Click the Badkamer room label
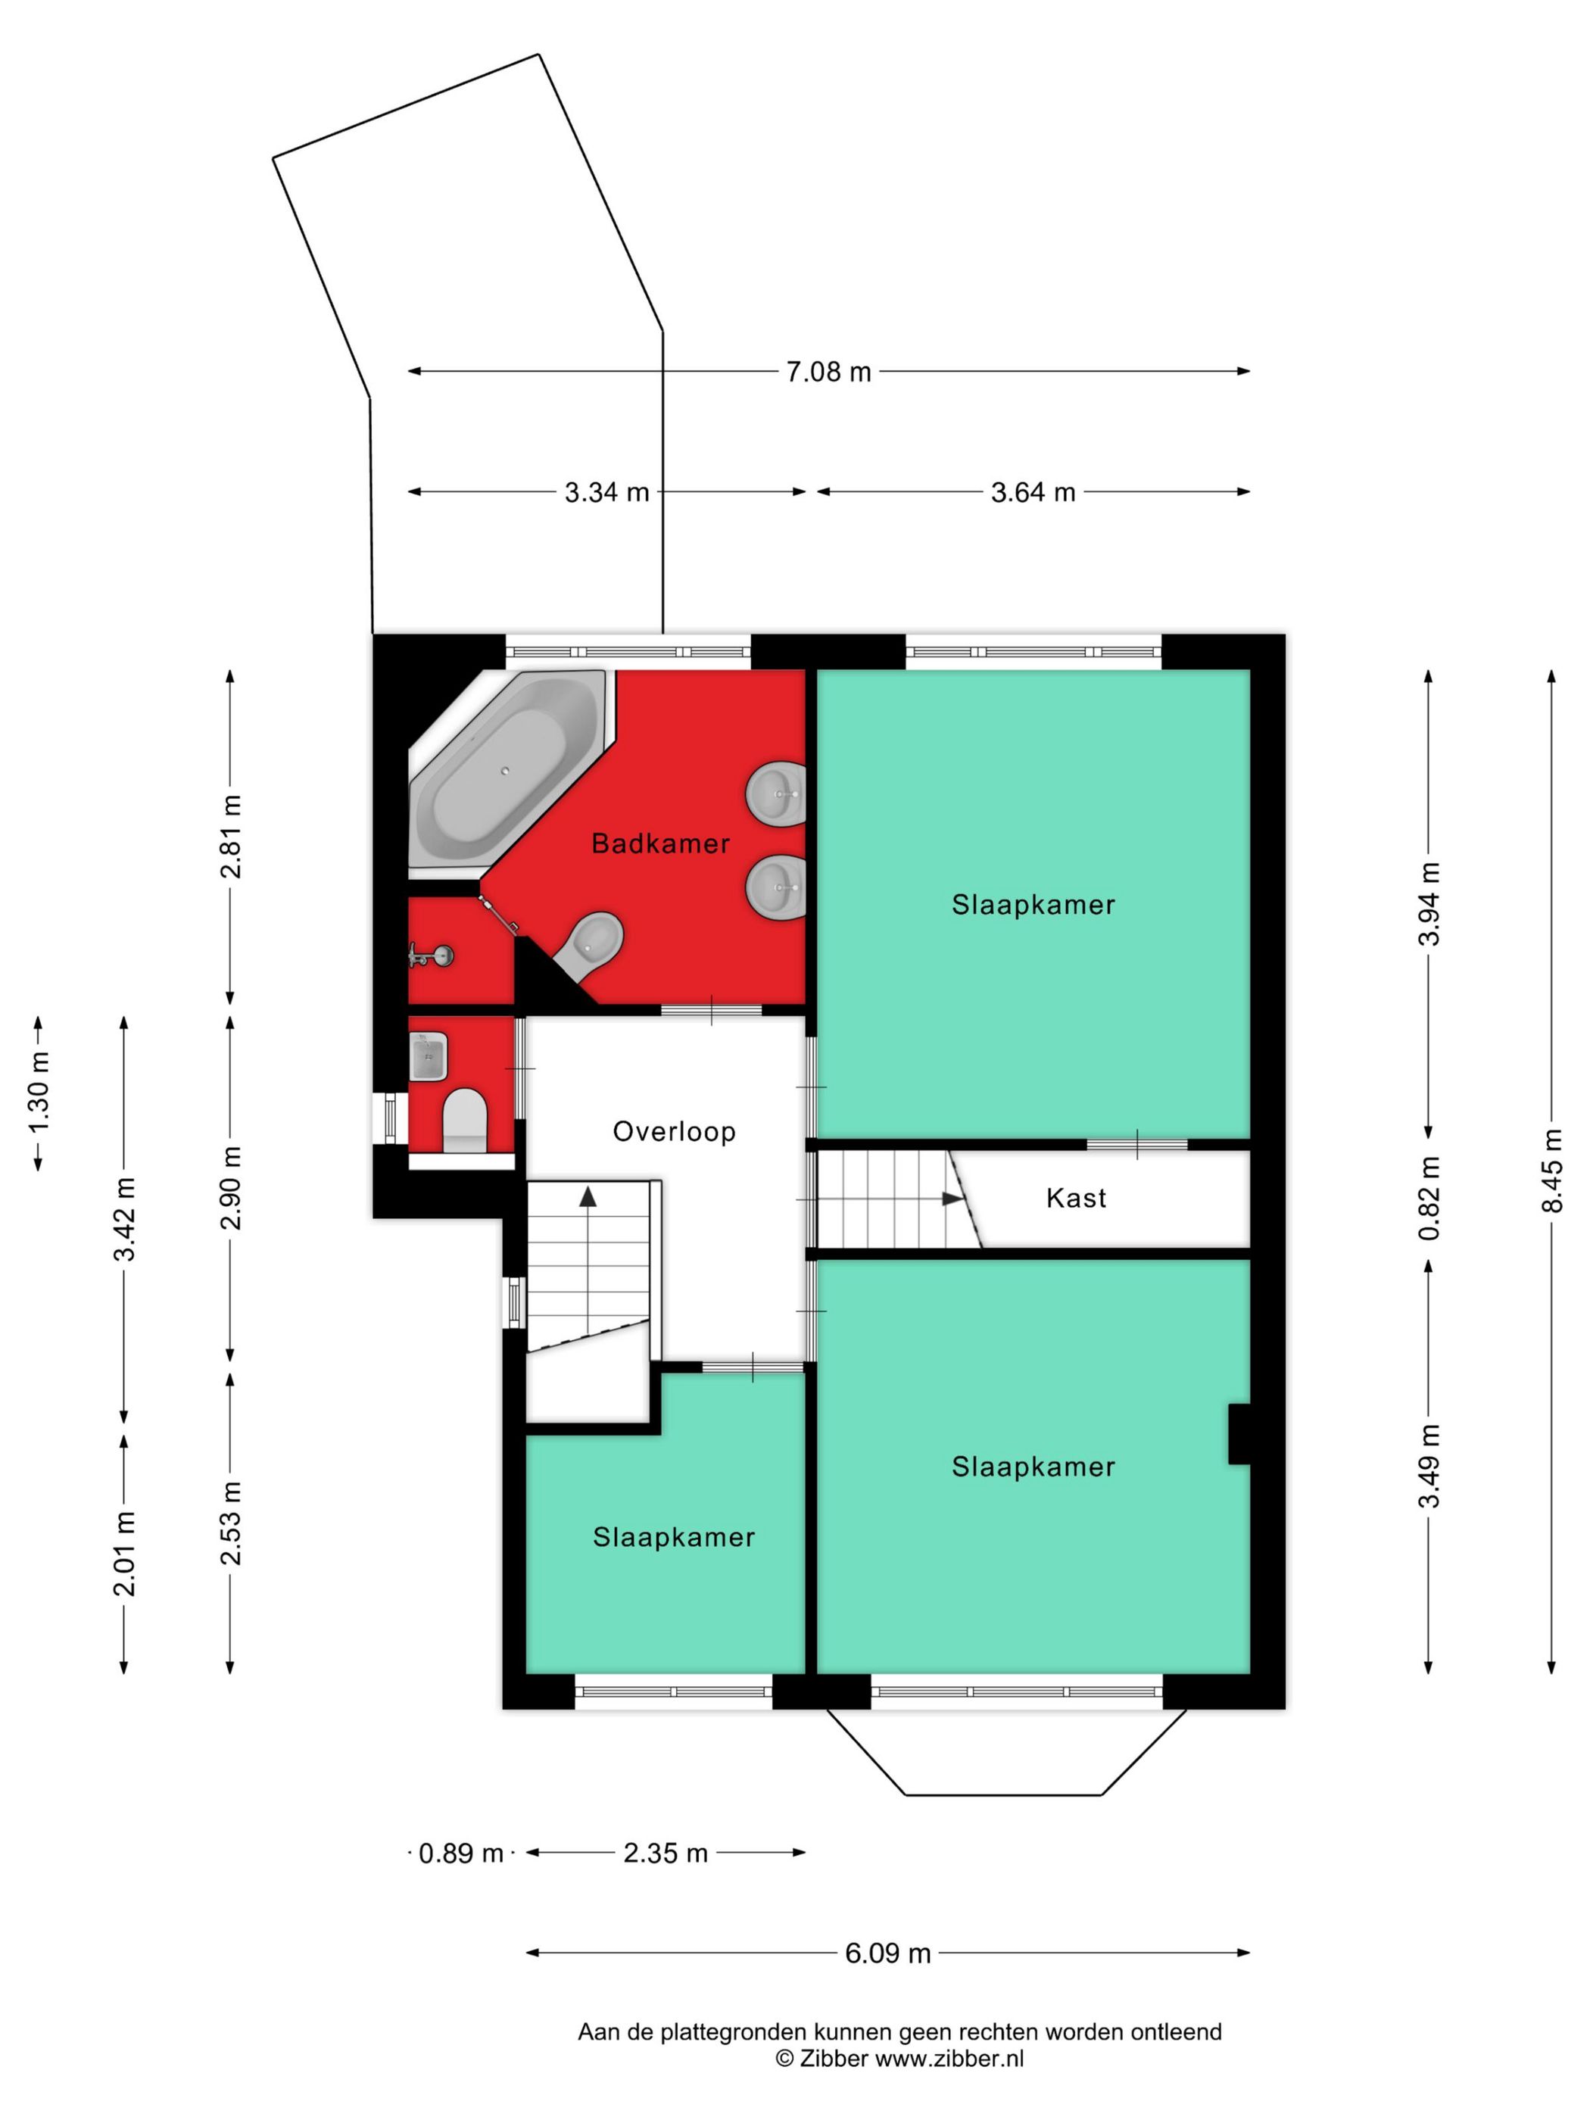(x=660, y=843)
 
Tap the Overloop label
(x=674, y=1131)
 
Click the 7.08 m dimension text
(x=828, y=372)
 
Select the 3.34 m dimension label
(x=606, y=493)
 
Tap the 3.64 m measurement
(x=1033, y=493)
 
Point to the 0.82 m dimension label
(x=1429, y=1198)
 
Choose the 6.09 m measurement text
(x=887, y=1953)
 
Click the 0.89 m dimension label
(x=461, y=1853)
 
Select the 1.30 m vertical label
(x=39, y=1093)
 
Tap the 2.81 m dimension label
(x=231, y=837)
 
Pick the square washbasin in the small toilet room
(x=429, y=1055)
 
